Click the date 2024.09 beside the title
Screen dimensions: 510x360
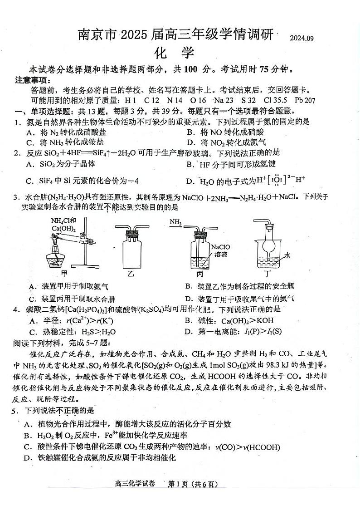[302, 38]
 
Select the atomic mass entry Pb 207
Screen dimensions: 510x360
[304, 100]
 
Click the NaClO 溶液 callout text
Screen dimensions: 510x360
[220, 251]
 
